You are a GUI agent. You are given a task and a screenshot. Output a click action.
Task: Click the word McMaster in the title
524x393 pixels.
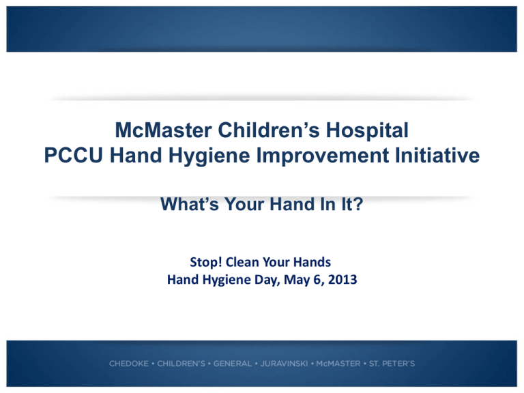point(163,130)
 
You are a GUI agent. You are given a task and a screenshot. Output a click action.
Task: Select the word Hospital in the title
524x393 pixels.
point(367,131)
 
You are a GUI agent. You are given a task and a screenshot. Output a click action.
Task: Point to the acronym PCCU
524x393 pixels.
point(74,156)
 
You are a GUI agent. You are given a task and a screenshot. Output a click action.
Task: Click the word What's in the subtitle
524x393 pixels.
point(190,204)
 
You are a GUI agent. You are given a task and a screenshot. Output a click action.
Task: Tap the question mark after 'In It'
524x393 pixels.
point(359,204)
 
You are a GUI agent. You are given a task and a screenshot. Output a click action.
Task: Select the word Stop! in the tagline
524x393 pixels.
point(206,262)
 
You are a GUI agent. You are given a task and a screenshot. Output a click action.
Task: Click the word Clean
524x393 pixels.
point(242,262)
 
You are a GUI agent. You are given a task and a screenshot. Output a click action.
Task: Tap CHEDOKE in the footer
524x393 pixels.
point(129,364)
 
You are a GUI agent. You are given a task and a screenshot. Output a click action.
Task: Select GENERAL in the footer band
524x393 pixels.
point(233,364)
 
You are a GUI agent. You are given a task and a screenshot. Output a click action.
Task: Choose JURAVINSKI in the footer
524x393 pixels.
point(284,364)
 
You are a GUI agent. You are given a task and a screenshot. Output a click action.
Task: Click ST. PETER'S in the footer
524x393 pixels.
point(392,364)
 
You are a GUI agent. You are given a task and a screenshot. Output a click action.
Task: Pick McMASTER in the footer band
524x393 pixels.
point(338,364)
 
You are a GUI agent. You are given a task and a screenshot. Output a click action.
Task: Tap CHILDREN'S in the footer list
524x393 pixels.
point(181,364)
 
